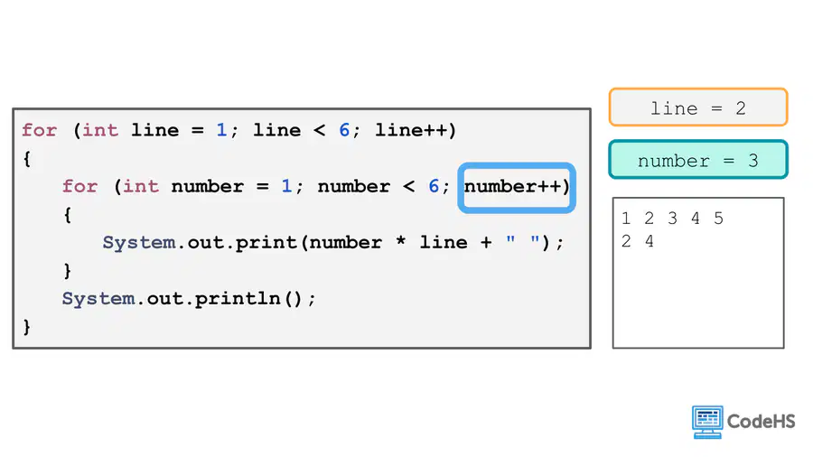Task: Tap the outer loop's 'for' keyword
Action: [39, 130]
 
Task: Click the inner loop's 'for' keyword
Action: [79, 186]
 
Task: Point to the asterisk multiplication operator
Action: [400, 241]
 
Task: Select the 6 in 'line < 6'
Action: [344, 130]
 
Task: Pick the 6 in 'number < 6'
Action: [434, 186]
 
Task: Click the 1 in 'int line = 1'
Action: [221, 130]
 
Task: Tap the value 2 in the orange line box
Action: [741, 108]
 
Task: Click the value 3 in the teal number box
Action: [753, 161]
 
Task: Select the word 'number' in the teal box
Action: [674, 161]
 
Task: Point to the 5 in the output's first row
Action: [718, 219]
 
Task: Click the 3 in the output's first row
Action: [672, 219]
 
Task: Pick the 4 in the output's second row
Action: [649, 241]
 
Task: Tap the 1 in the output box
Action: [626, 219]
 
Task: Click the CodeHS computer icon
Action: [707, 422]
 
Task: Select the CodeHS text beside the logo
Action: [762, 421]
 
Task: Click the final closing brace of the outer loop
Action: [27, 327]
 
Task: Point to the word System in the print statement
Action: [139, 243]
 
